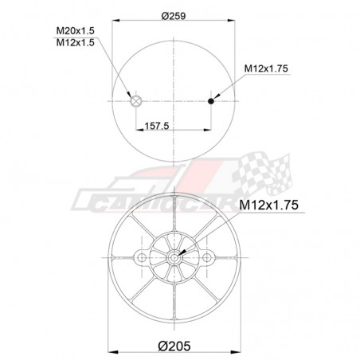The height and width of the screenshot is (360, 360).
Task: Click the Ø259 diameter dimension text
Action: (174, 16)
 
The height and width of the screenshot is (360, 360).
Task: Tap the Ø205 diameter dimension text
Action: (174, 346)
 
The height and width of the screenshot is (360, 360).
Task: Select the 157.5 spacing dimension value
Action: (157, 126)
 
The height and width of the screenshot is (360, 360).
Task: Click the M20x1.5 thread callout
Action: (76, 31)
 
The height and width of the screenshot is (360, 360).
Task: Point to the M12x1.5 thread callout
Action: (76, 42)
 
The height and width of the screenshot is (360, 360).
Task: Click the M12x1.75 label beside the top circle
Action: (266, 68)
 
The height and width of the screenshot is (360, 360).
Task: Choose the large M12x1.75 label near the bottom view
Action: (268, 205)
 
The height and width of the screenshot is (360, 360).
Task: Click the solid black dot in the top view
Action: (211, 101)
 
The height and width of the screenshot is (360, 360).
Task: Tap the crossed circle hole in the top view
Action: (136, 101)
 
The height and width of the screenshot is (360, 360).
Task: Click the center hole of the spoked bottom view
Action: (174, 257)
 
